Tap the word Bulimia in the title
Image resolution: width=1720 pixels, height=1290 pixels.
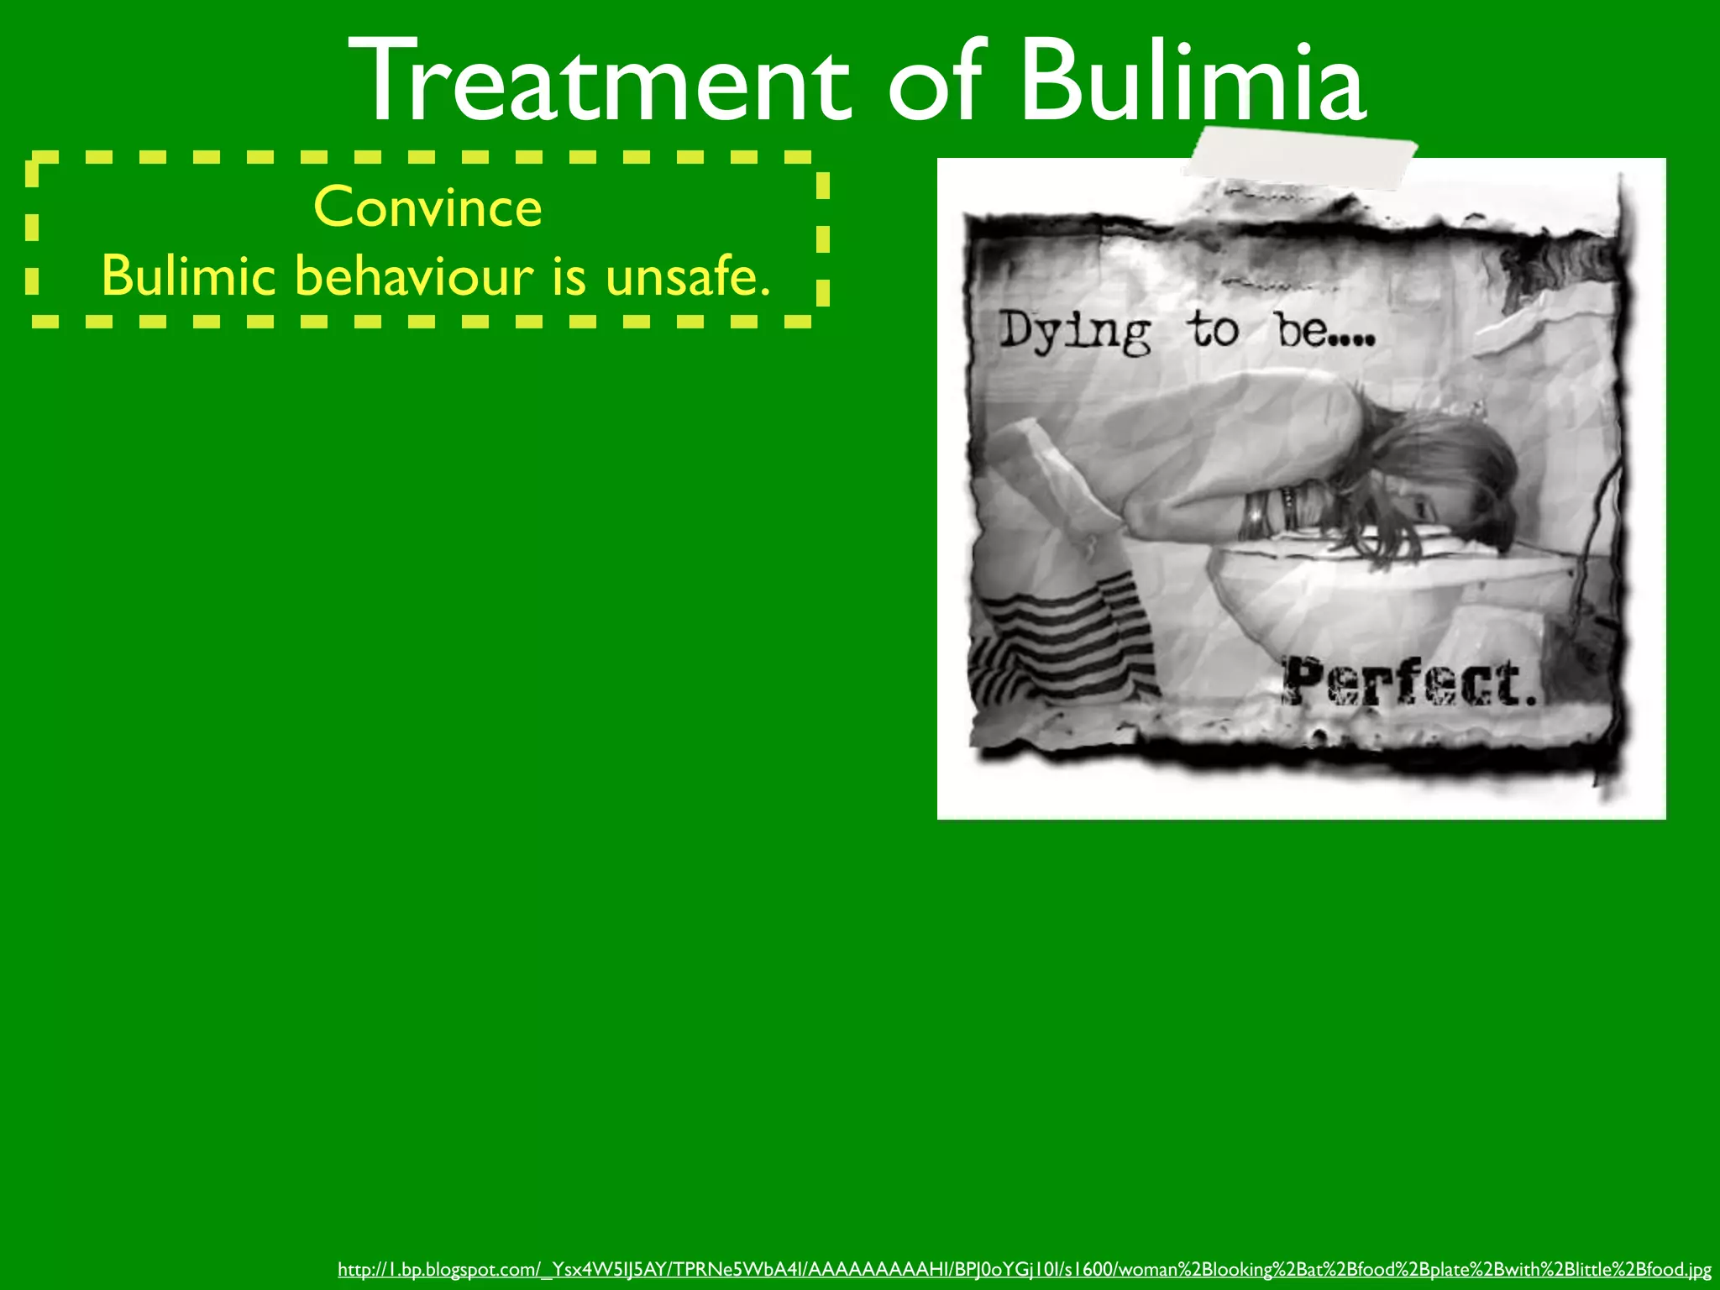point(1193,81)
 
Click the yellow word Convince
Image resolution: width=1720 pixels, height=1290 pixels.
point(427,207)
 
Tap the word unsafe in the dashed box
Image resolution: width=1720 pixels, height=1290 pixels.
point(686,276)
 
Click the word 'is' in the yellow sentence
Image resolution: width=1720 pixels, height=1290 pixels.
point(569,276)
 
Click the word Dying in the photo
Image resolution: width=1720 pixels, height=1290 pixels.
point(1074,332)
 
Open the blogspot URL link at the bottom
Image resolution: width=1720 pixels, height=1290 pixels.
point(1024,1269)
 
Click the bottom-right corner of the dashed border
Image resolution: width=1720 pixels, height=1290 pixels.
point(821,319)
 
